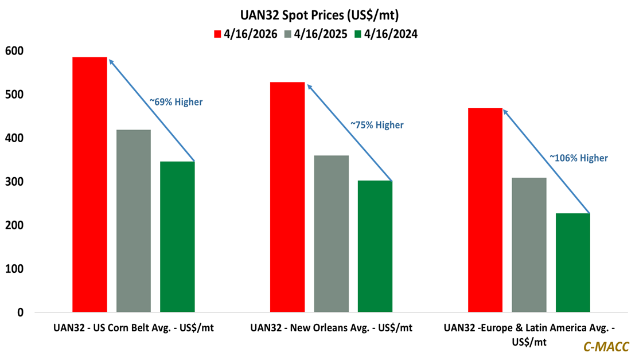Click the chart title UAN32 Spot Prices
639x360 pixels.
click(x=319, y=14)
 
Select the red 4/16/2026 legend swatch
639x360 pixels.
click(x=217, y=34)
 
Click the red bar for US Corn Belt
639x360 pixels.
click(x=89, y=185)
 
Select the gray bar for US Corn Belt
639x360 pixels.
click(x=134, y=221)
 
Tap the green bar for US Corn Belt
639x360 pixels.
click(x=177, y=237)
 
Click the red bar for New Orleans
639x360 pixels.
click(x=287, y=197)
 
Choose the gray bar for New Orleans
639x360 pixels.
click(x=332, y=234)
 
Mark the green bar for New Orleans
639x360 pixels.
click(x=375, y=246)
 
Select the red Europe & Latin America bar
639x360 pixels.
click(x=485, y=210)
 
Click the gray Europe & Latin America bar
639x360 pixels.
click(x=529, y=245)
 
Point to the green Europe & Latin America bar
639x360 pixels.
click(x=572, y=263)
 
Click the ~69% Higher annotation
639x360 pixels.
click(x=176, y=102)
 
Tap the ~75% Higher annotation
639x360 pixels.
click(x=377, y=124)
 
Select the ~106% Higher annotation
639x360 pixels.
click(x=578, y=158)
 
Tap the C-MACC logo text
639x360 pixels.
click(x=606, y=346)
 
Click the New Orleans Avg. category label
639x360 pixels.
click(x=331, y=328)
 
